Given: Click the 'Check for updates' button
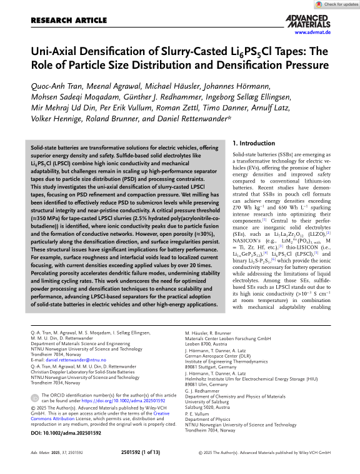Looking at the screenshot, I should (x=337, y=4).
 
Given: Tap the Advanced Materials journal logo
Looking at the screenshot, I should (x=307, y=21).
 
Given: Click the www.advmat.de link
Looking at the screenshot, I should (x=312, y=31).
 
